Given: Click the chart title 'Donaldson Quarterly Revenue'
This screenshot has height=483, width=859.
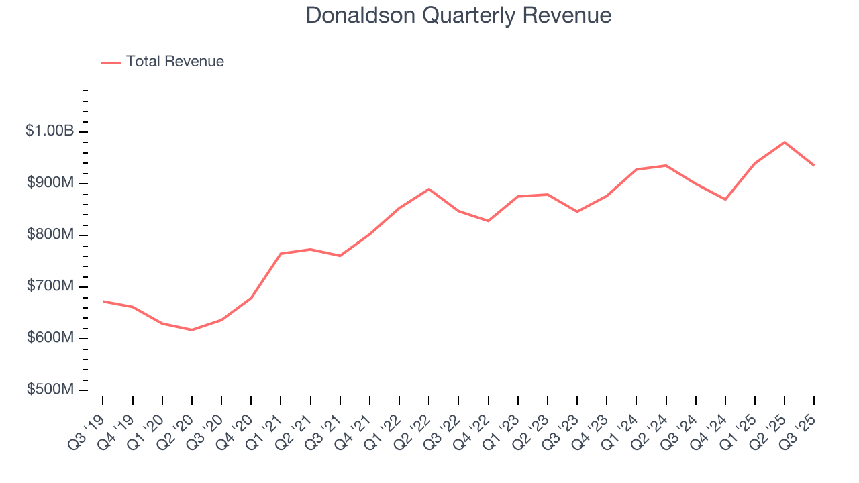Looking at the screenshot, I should [x=458, y=15].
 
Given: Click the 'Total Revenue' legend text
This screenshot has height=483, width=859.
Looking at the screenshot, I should [x=174, y=62].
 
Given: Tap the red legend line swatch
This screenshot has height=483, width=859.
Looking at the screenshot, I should [x=111, y=62].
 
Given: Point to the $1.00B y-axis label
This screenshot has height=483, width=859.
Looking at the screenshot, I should [x=50, y=131].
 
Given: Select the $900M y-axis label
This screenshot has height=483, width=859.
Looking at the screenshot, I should [x=50, y=183].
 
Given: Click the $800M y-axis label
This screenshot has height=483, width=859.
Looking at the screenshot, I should [x=50, y=235].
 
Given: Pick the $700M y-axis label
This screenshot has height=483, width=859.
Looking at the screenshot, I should [x=50, y=286].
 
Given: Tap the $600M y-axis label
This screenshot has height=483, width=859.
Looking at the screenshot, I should [x=50, y=338].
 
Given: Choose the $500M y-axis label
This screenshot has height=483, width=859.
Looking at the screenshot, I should [x=50, y=390].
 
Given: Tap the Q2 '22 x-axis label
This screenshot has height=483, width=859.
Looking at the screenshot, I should [x=414, y=424].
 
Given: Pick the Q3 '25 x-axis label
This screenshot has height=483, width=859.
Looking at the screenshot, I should [x=799, y=424].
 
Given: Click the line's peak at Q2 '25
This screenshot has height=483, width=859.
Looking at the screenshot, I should [x=785, y=142].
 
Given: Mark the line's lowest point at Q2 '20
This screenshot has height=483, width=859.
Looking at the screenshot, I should [x=192, y=330].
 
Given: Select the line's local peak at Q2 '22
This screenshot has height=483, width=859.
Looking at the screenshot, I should [x=429, y=189].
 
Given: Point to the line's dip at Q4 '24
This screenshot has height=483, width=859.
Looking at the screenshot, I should [x=725, y=199].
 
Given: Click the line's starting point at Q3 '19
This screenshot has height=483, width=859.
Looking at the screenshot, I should [x=103, y=301].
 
